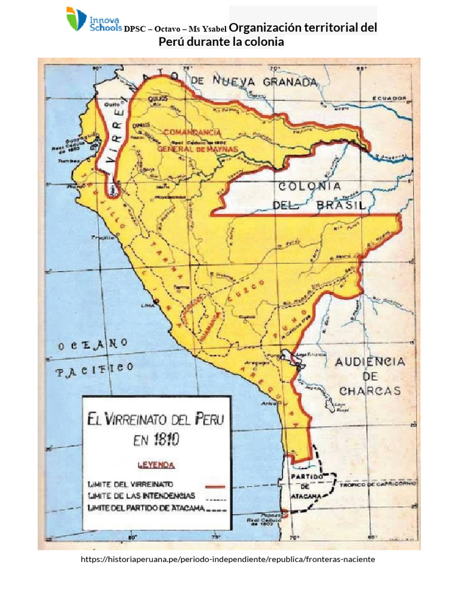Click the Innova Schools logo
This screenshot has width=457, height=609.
[x=93, y=20]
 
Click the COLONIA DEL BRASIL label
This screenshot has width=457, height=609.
[x=319, y=196]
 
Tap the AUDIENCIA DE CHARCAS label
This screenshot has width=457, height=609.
[x=370, y=376]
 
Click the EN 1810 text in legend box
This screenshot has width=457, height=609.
[x=156, y=440]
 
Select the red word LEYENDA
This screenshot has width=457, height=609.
[x=156, y=464]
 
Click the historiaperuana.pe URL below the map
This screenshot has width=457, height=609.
[x=228, y=560]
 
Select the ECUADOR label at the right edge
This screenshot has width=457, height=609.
[x=390, y=98]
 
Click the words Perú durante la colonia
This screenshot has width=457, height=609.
[x=221, y=42]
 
